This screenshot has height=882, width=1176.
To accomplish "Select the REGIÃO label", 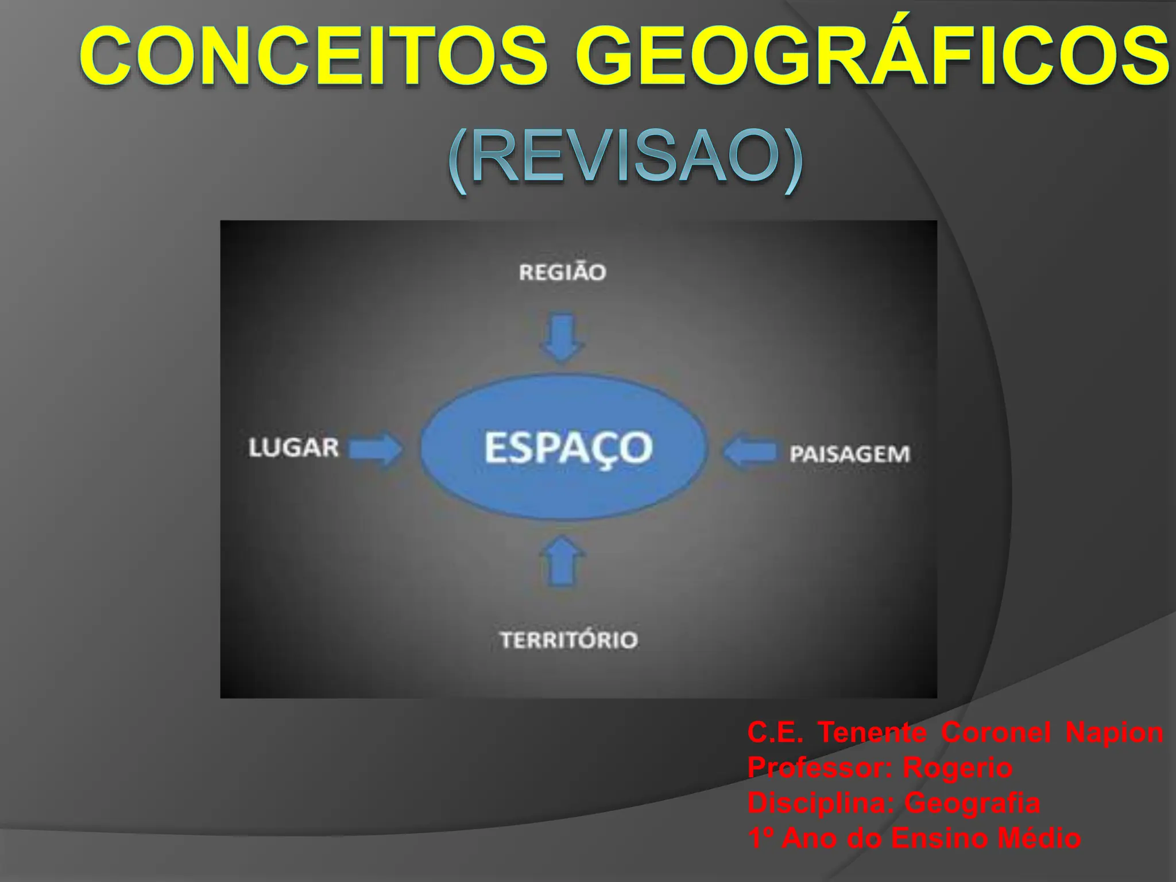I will click(562, 272).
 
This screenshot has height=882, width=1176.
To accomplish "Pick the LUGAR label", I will click(293, 448).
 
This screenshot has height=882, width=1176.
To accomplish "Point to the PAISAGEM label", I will click(850, 454).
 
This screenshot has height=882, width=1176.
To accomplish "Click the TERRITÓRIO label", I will click(569, 640).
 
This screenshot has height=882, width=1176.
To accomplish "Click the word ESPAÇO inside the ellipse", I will click(568, 448).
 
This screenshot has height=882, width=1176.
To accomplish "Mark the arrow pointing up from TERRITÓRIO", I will click(563, 562).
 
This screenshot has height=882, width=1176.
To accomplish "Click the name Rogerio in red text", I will click(957, 768).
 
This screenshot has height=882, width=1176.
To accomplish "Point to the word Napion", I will click(1114, 732).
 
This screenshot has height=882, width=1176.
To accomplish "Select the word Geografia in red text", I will click(972, 803).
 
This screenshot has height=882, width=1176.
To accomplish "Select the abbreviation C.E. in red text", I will click(775, 732).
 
